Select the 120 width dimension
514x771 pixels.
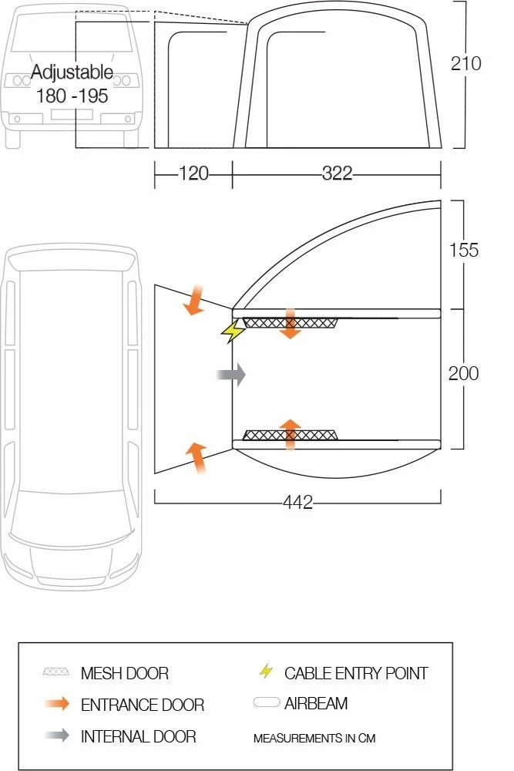click(193, 173)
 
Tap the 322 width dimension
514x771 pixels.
click(337, 173)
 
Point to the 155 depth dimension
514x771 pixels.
click(463, 250)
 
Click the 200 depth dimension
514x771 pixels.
click(463, 373)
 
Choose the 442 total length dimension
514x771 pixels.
click(297, 503)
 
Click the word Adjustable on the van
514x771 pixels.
click(72, 73)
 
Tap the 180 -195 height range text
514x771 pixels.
click(72, 96)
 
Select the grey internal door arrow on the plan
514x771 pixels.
click(231, 375)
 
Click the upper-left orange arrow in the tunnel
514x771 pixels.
click(193, 300)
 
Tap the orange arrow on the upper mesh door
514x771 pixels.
click(290, 323)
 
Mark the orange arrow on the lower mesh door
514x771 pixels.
click(290, 434)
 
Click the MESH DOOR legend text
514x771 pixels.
click(124, 674)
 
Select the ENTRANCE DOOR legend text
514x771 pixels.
click(142, 705)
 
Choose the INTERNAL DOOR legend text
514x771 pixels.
click(138, 736)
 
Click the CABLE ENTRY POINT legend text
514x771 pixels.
click(355, 673)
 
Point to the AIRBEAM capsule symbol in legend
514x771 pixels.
click(266, 703)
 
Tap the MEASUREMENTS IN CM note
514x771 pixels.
click(314, 739)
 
